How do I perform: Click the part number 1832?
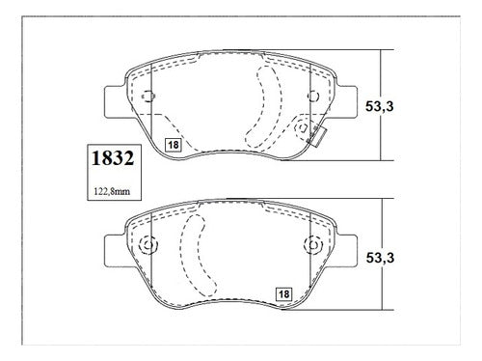click(113, 158)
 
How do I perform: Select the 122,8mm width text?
click(112, 192)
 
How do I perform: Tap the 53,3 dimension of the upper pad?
click(379, 106)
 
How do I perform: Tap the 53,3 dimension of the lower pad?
click(380, 258)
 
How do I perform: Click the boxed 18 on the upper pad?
click(174, 145)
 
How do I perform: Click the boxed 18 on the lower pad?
click(283, 294)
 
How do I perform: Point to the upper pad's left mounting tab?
click(116, 101)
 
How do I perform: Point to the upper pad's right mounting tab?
click(346, 101)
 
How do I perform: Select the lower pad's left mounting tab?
click(116, 251)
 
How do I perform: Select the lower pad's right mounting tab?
click(346, 251)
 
